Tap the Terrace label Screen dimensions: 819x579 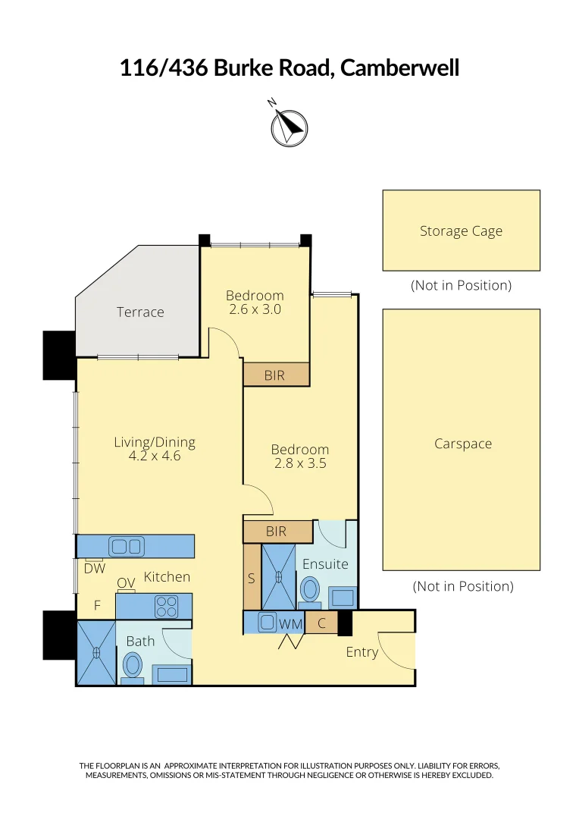tap(140, 312)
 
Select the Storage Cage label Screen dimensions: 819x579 tap(461, 231)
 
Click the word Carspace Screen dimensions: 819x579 tap(462, 444)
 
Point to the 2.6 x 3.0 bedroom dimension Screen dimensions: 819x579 tap(255, 309)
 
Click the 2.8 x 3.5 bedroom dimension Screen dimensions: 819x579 tap(300, 463)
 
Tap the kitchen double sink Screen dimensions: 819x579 tap(127, 546)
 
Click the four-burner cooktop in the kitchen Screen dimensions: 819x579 tap(166, 606)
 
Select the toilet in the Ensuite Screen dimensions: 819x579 tap(310, 589)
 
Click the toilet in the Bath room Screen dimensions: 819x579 tap(133, 666)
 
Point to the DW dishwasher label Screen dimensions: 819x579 tap(95, 568)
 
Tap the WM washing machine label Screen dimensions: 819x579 tap(291, 624)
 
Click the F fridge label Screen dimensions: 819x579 tap(97, 606)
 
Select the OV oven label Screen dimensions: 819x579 tap(126, 582)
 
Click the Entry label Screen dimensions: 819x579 tap(361, 651)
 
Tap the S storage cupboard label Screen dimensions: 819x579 tap(252, 578)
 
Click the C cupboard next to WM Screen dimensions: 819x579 tap(321, 624)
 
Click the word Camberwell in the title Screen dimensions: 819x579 tap(399, 68)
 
